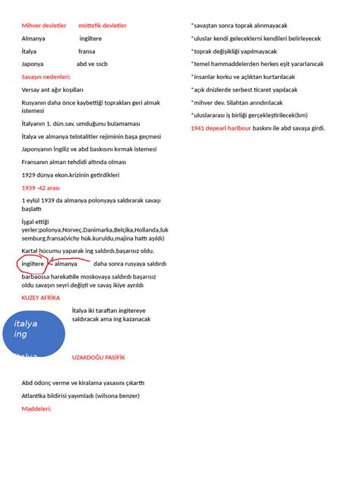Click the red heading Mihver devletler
pyautogui.click(x=44, y=25)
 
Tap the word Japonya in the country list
pyautogui.click(x=33, y=64)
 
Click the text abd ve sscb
pyautogui.click(x=92, y=64)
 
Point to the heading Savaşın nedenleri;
pyautogui.click(x=46, y=77)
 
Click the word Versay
pyautogui.click(x=32, y=89)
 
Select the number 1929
pyautogui.click(x=30, y=175)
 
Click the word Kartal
pyautogui.click(x=31, y=251)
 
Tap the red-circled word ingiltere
pyautogui.click(x=33, y=264)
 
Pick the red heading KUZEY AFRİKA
pyautogui.click(x=41, y=298)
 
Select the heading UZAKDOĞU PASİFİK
pyautogui.click(x=98, y=356)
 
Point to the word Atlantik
pyautogui.click(x=36, y=395)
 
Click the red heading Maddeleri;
pyautogui.click(x=37, y=408)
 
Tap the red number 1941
pyautogui.click(x=198, y=128)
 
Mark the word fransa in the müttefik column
pyautogui.click(x=87, y=51)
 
